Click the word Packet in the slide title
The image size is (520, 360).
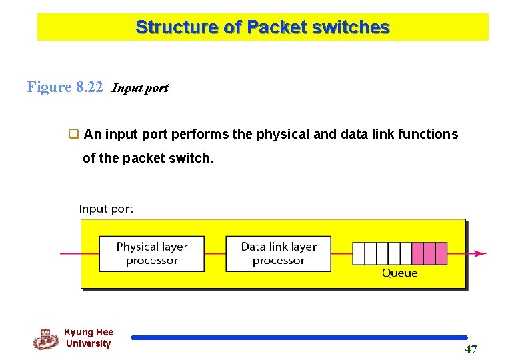274,27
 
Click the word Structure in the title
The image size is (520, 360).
177,27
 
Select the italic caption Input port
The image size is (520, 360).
140,88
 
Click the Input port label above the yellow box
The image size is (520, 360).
106,209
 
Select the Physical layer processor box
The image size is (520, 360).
152,253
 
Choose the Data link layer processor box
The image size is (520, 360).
278,253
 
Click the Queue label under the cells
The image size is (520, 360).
399,273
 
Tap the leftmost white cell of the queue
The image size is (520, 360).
358,253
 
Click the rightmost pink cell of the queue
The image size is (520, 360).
441,253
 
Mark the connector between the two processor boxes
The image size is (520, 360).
215,253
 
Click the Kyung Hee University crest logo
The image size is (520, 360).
45,339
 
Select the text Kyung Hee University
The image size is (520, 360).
89,338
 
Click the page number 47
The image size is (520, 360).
471,350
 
